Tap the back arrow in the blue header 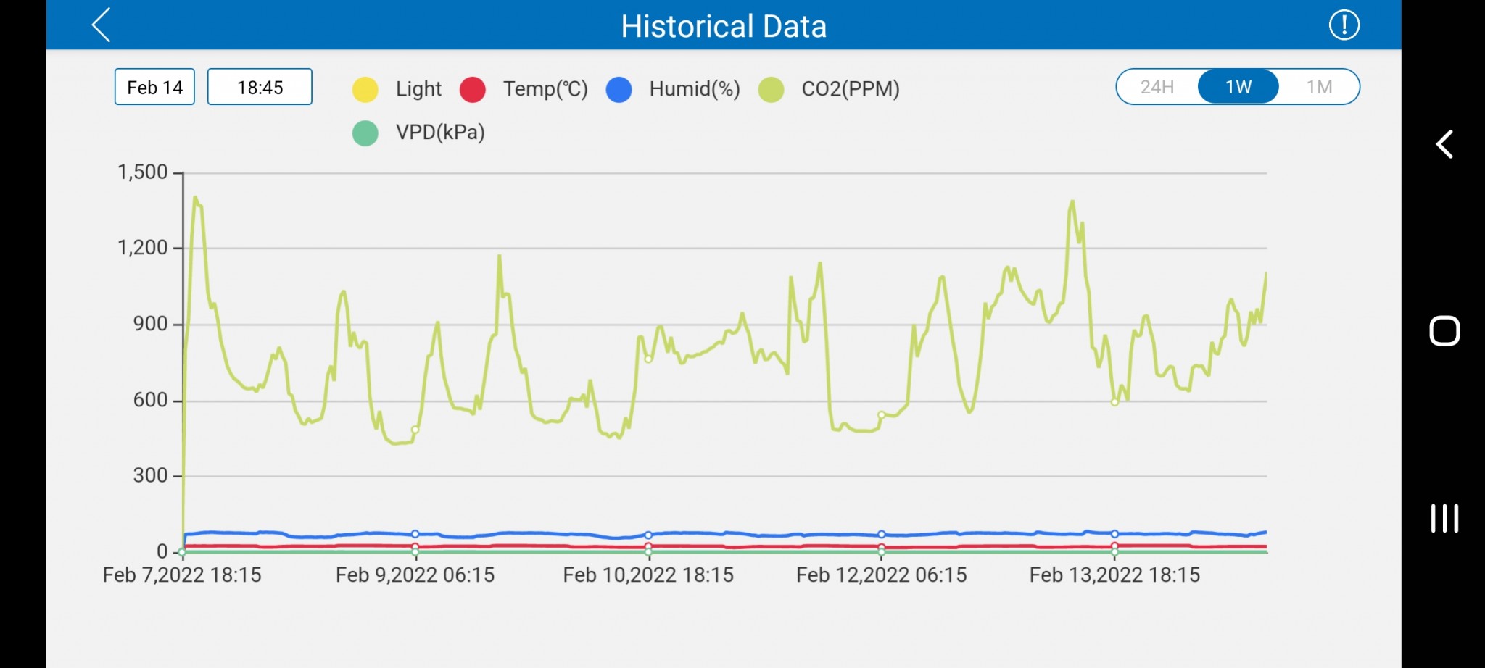(x=102, y=25)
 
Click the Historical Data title (x=723, y=27)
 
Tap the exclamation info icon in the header (x=1344, y=25)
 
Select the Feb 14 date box (x=154, y=87)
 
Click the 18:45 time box (x=260, y=87)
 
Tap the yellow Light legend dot (x=365, y=89)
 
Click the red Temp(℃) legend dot (x=473, y=89)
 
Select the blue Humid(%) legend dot (x=619, y=89)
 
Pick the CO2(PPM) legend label (x=850, y=89)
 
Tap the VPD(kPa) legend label (x=439, y=133)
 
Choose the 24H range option (x=1157, y=87)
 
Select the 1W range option (x=1238, y=87)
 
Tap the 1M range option (x=1319, y=87)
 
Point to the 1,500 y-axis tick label (x=142, y=172)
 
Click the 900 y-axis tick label (x=150, y=324)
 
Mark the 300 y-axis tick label (x=150, y=475)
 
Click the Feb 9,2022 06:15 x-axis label (x=415, y=575)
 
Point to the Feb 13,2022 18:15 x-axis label (x=1114, y=575)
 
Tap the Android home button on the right (x=1444, y=331)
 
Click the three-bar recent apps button (x=1444, y=518)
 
